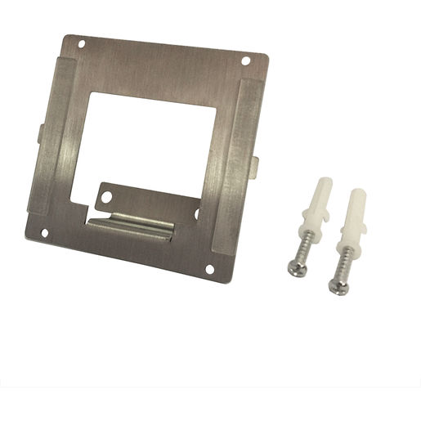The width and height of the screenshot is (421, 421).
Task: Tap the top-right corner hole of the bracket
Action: [x=246, y=60]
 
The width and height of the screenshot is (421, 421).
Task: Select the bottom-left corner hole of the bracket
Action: [x=44, y=234]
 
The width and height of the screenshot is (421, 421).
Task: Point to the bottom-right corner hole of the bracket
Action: [x=209, y=269]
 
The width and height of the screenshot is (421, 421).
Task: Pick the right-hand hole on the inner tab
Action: [x=195, y=213]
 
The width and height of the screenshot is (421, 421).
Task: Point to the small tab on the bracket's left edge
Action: [x=40, y=132]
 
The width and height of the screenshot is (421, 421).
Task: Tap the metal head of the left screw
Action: [x=296, y=267]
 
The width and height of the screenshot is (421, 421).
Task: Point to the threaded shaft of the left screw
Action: [x=303, y=245]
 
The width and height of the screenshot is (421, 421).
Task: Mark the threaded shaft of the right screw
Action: [x=344, y=262]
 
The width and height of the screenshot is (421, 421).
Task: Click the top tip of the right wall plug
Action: [x=361, y=193]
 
